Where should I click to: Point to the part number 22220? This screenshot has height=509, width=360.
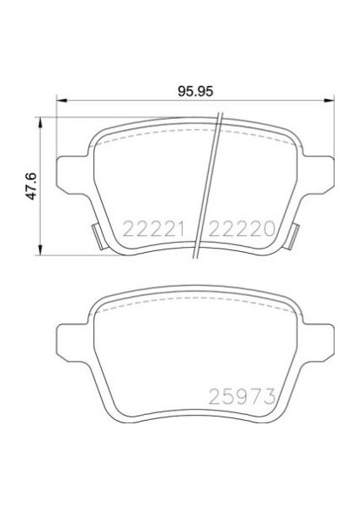[241, 228]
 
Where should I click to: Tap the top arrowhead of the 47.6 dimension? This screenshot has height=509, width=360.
[40, 119]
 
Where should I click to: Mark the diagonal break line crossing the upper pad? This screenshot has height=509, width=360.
[208, 187]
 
